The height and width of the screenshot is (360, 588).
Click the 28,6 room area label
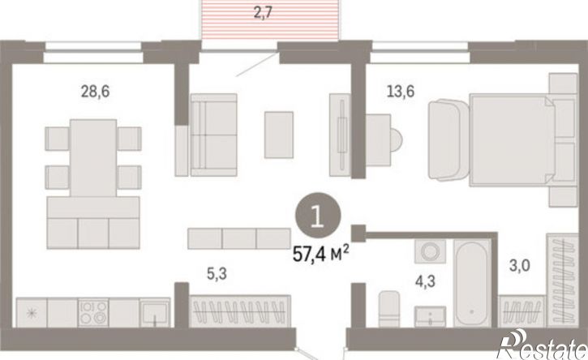point(95,91)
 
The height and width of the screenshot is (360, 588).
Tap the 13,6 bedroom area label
point(401,91)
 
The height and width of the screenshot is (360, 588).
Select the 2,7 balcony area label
point(263,13)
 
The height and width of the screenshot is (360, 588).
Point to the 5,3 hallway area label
point(217,274)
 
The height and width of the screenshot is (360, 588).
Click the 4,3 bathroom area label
point(425,281)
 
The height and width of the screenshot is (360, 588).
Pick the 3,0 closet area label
point(520,266)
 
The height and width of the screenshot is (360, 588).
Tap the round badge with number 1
point(318,215)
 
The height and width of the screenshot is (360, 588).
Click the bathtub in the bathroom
point(472,284)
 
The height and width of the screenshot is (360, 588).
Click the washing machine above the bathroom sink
point(430,251)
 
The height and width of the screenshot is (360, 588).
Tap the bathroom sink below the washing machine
point(430,316)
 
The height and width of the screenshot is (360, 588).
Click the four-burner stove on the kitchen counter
point(93,312)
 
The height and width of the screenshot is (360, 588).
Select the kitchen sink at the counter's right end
point(154,312)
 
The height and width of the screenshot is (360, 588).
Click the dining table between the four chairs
point(93,158)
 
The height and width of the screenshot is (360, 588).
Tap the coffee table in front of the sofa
point(279,135)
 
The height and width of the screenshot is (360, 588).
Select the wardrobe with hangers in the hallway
point(239,311)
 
